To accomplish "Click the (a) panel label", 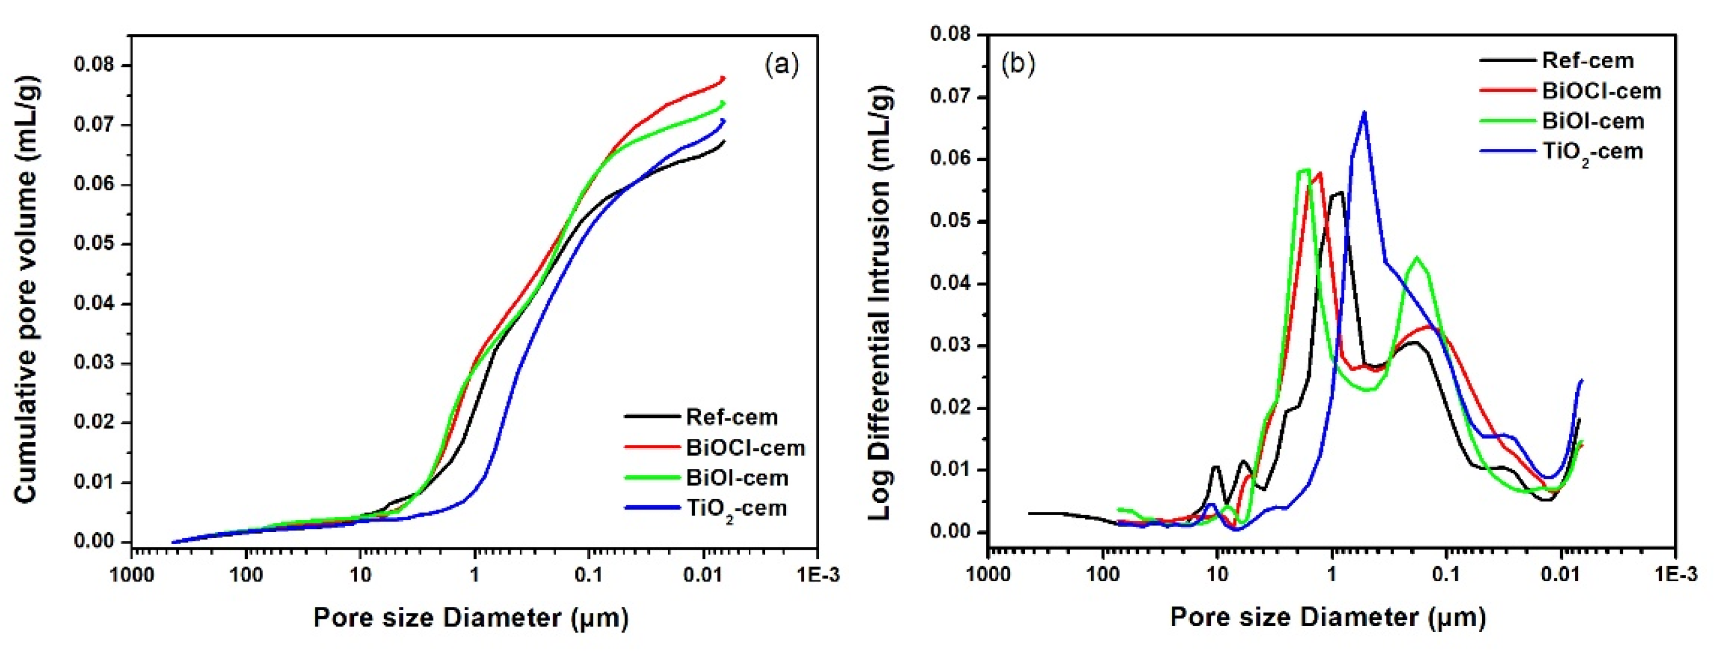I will point(782,65).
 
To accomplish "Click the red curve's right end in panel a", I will point(724,78).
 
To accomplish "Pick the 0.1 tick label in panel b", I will point(1446,574).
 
